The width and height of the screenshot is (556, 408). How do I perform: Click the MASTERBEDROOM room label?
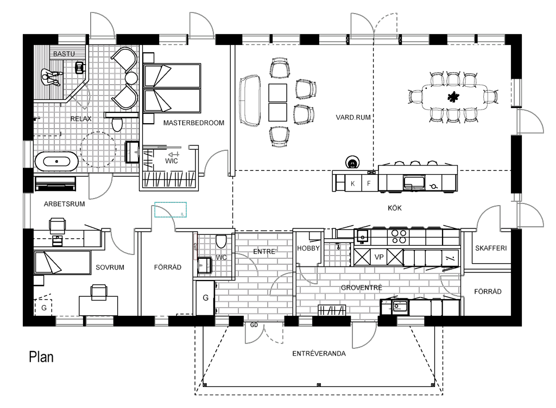pos(194,124)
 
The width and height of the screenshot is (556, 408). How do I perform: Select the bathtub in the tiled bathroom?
pos(57,161)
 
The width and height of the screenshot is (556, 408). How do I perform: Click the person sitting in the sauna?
pos(51,78)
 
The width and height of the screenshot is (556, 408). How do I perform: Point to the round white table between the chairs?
pos(131,78)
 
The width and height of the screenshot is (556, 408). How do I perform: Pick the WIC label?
pos(172,161)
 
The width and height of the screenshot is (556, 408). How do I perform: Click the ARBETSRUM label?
pos(64,205)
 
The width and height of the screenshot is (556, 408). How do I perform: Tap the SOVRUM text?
pos(110,267)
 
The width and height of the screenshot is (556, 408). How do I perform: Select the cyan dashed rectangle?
pos(170,209)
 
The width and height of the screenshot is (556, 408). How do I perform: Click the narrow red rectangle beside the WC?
pos(195,247)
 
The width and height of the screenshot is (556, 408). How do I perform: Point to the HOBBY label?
pos(308,248)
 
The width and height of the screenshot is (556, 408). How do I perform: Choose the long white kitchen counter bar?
pos(418,170)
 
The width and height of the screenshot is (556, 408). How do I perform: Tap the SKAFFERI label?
pos(490,248)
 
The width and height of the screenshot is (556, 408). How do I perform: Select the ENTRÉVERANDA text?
pos(319,353)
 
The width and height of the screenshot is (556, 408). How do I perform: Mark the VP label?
pos(379,257)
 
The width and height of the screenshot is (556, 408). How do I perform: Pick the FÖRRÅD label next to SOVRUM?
pos(168,267)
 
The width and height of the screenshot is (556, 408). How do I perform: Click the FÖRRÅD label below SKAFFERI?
pos(488,291)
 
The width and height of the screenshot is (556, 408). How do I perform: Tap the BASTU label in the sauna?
pos(64,54)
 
